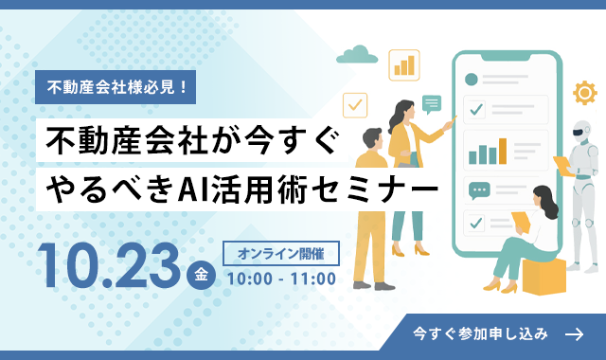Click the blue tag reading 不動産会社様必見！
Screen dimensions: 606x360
coord(116,87)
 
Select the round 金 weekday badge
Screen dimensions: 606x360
coord(201,275)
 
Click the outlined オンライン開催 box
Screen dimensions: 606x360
coord(281,254)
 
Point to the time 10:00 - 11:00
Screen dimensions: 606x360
coord(281,279)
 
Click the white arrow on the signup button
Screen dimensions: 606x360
coord(574,334)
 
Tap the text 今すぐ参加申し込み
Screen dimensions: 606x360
coord(480,333)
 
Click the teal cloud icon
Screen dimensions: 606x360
coord(357,55)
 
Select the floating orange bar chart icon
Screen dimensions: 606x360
coord(404,65)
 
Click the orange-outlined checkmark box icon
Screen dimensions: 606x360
coord(355,105)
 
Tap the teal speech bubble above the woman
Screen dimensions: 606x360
coord(432,104)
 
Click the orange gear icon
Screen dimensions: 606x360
coord(585,93)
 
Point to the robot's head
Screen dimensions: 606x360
coord(582,132)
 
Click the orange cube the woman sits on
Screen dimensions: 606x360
coord(544,276)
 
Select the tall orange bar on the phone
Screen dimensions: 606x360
coord(503,152)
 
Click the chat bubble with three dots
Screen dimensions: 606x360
coord(479,190)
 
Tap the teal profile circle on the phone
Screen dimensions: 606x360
coord(472,80)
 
